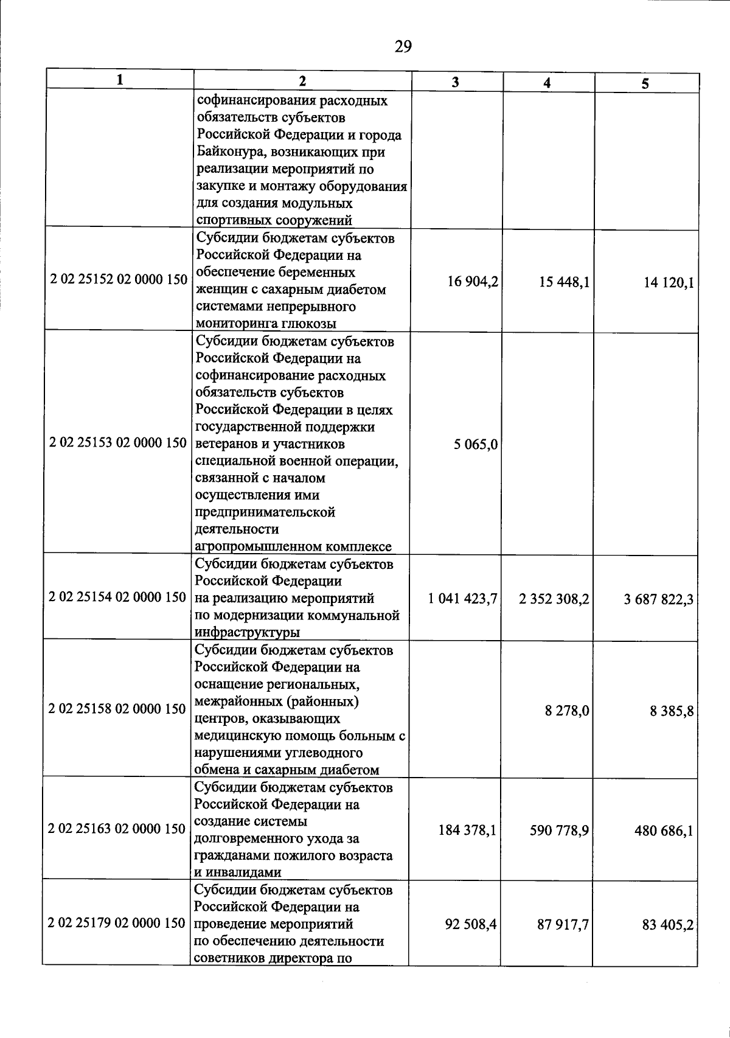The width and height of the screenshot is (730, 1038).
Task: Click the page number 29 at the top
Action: pos(403,47)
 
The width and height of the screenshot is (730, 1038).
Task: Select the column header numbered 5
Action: pos(645,84)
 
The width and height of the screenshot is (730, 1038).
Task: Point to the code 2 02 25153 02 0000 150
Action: pos(118,443)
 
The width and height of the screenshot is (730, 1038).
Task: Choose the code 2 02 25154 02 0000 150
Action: pos(117,597)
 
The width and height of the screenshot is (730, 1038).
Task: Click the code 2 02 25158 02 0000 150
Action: pos(117,709)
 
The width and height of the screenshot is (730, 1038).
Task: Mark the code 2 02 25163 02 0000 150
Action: pos(117,829)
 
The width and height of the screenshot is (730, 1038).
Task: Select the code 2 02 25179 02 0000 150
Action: pos(117,924)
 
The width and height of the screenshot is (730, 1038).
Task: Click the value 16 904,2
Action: pos(473,281)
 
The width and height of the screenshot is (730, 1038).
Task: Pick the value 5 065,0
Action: pos(475,445)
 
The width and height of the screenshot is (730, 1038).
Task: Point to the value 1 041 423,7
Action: pos(462,599)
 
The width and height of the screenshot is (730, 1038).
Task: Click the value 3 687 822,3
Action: pos(658,601)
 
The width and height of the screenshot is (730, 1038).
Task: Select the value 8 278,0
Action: pos(566,711)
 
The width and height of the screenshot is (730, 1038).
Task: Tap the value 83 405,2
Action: pos(667,925)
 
